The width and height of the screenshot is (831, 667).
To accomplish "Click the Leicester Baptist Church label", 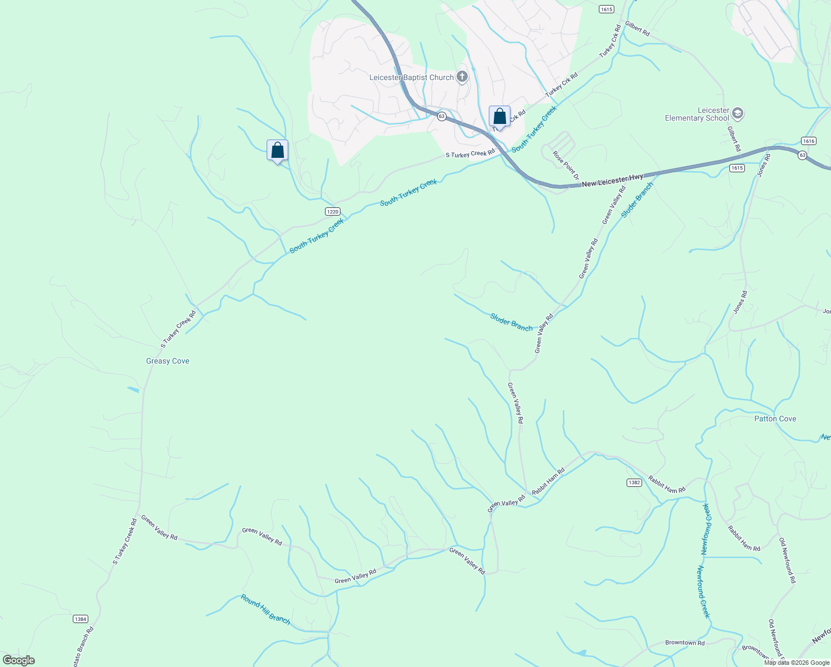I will click(x=412, y=77).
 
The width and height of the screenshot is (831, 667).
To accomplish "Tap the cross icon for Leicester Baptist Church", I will click(x=462, y=77).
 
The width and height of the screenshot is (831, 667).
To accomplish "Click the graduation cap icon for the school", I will click(x=738, y=114).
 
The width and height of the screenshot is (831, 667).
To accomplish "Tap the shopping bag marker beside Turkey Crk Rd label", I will click(x=499, y=117).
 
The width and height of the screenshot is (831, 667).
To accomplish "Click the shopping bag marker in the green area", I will click(x=277, y=151).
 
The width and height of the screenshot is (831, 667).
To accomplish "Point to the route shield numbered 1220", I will click(x=332, y=211).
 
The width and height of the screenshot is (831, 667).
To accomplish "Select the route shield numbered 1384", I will click(x=81, y=619).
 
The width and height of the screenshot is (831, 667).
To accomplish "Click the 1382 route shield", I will click(x=634, y=482).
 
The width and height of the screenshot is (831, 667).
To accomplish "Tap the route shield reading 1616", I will click(x=809, y=141).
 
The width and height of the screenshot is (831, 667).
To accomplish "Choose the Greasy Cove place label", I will click(x=168, y=361).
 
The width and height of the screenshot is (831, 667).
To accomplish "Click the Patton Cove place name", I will click(x=775, y=419).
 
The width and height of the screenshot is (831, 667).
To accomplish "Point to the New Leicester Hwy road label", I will click(x=612, y=180).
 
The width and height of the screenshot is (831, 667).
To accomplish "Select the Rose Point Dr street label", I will click(x=566, y=165).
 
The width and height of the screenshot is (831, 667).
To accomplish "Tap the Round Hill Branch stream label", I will click(x=266, y=609).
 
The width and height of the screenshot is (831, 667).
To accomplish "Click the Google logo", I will click(x=19, y=660).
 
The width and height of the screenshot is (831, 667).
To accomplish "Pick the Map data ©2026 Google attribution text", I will click(x=795, y=662).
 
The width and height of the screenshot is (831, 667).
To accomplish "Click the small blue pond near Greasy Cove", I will click(x=133, y=390).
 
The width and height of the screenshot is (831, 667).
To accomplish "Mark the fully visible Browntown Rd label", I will click(x=685, y=643).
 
